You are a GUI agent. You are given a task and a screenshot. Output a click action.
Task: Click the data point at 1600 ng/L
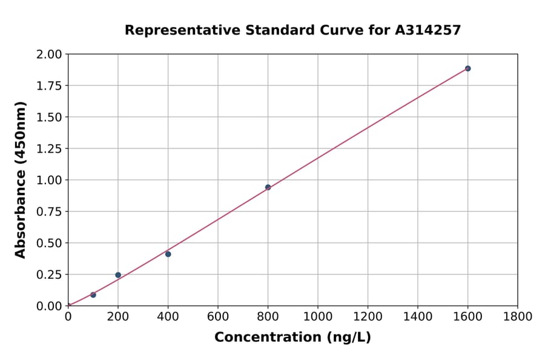point(467,68)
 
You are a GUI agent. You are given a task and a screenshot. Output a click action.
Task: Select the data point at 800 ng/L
point(268,187)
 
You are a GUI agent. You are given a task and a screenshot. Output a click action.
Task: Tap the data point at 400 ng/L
point(168,254)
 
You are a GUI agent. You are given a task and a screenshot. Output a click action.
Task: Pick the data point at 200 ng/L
point(118,275)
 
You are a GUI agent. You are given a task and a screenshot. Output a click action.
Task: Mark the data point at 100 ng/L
point(93,295)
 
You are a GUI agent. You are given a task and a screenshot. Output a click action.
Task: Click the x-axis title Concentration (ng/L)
point(292,337)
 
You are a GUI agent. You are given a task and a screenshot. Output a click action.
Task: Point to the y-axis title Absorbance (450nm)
point(21,180)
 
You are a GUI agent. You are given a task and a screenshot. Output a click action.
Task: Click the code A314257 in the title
point(428,30)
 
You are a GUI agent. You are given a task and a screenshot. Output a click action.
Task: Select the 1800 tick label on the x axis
point(517,316)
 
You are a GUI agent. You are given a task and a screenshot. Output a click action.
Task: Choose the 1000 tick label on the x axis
point(317,316)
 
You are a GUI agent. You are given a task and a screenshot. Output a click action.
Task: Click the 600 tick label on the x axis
point(218,316)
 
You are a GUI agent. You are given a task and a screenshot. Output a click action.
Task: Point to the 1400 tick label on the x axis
point(417,316)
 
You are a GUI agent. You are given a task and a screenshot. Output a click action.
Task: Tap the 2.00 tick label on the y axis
point(49,55)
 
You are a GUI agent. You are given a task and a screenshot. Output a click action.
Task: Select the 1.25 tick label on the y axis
point(49,148)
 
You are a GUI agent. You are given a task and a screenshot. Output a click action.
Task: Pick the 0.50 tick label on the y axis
point(49,243)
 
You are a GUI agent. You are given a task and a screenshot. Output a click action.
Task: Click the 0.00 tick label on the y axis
point(49,306)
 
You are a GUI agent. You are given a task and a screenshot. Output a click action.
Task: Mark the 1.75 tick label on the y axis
point(49,86)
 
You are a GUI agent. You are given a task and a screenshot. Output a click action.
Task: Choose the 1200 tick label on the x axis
point(368,316)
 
